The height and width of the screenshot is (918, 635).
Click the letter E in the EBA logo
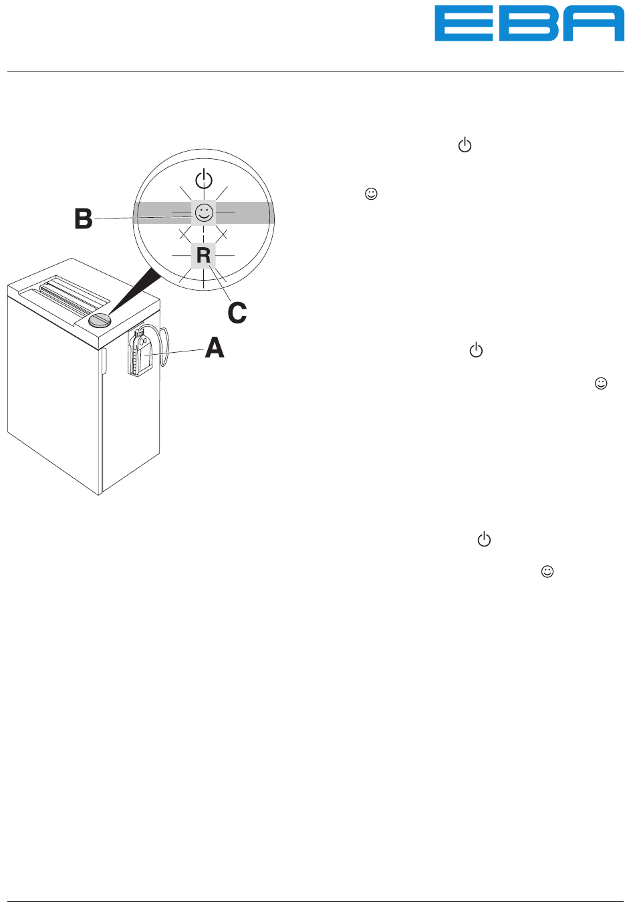click(464, 23)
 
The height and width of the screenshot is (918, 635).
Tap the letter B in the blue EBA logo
click(529, 23)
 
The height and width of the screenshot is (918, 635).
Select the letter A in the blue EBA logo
click(594, 23)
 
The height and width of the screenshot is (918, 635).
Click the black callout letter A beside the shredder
click(215, 347)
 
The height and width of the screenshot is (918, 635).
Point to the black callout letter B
click(83, 218)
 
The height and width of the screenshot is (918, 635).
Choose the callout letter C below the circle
click(237, 313)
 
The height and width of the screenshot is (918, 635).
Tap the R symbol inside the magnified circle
click(203, 255)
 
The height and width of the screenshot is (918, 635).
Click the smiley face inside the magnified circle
click(204, 212)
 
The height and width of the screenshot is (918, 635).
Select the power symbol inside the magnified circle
click(204, 180)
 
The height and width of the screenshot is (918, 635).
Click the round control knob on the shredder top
click(100, 320)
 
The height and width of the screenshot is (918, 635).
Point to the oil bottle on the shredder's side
click(140, 353)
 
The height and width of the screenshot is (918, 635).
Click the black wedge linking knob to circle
click(133, 292)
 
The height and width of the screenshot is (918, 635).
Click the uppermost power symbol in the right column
click(465, 145)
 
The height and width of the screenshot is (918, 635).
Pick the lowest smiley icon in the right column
click(547, 571)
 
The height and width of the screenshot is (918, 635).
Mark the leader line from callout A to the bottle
click(174, 352)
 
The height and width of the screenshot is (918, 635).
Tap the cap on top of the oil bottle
click(138, 332)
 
